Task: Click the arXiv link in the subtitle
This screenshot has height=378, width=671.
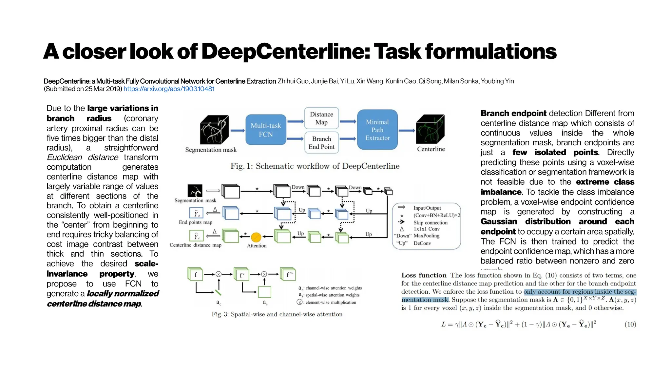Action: pyautogui.click(x=169, y=89)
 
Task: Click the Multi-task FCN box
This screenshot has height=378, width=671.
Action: pyautogui.click(x=266, y=130)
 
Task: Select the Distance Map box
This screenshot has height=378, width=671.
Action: pyautogui.click(x=321, y=118)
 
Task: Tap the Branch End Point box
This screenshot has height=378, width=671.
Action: pyautogui.click(x=321, y=143)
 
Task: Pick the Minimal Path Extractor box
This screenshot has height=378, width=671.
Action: pyautogui.click(x=377, y=130)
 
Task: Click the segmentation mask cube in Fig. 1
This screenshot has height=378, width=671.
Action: pyautogui.click(x=214, y=130)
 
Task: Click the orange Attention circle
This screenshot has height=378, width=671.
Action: pyautogui.click(x=256, y=237)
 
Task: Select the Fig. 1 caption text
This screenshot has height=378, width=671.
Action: pyautogui.click(x=315, y=166)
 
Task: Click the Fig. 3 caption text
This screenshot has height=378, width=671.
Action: pyautogui.click(x=277, y=314)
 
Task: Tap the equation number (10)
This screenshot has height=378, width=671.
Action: pyautogui.click(x=630, y=325)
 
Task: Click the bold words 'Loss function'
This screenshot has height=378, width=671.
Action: pyautogui.click(x=424, y=275)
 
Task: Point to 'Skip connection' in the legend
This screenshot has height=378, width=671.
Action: pyautogui.click(x=430, y=222)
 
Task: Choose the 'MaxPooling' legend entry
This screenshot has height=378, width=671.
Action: pyautogui.click(x=426, y=236)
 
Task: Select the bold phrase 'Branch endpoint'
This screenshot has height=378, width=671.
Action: pyautogui.click(x=513, y=114)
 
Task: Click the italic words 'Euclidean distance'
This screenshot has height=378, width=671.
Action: pyautogui.click(x=82, y=157)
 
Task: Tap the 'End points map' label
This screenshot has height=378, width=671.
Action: pyautogui.click(x=195, y=222)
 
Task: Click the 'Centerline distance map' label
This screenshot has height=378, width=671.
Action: pyautogui.click(x=195, y=245)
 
